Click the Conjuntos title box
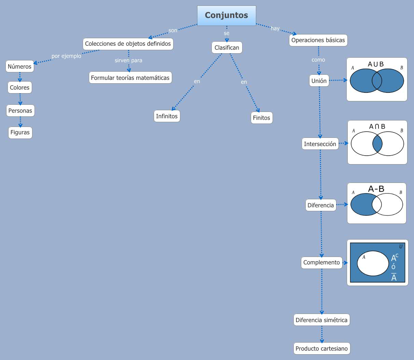point(226,15)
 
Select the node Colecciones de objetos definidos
point(128,44)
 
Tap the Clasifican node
point(227,47)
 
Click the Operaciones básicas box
point(318,40)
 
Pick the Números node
point(20,67)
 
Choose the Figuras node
point(20,132)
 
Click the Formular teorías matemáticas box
point(130,78)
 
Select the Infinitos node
point(167,116)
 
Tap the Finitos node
point(261,118)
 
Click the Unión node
point(319,81)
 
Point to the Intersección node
point(320,144)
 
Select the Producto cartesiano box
point(321,348)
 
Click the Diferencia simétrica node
point(321,320)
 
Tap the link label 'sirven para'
point(128,60)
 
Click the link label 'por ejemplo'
point(66,56)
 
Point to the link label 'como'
point(318,60)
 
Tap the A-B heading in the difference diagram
point(376,189)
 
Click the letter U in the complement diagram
point(401,247)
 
